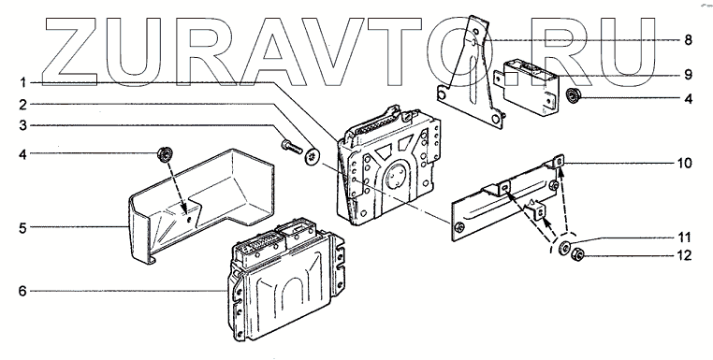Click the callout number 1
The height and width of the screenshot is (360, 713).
pyautogui.click(x=23, y=83)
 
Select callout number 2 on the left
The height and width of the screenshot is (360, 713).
pyautogui.click(x=23, y=106)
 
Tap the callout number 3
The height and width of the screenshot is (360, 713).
pyautogui.click(x=23, y=125)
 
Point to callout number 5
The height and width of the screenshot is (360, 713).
pyautogui.click(x=22, y=228)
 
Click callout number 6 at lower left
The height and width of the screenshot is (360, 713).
pyautogui.click(x=22, y=291)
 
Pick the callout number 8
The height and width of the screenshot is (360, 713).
pyautogui.click(x=688, y=40)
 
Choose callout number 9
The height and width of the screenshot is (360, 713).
pyautogui.click(x=688, y=75)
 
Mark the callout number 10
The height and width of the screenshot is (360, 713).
pyautogui.click(x=684, y=163)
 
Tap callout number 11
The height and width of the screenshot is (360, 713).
pyautogui.click(x=684, y=238)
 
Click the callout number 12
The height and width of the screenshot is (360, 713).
pyautogui.click(x=684, y=255)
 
